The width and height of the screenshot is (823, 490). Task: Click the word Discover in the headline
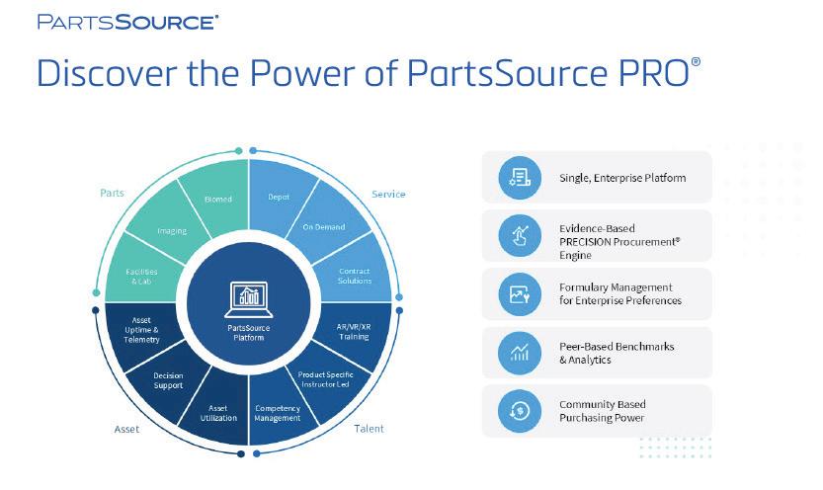[x=100, y=75]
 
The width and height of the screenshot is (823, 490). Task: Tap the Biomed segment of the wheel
[x=218, y=200]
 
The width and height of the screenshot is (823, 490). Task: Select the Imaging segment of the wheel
[x=171, y=231]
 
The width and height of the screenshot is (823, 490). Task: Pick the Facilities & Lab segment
[x=141, y=276]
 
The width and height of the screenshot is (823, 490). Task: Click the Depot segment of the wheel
[x=279, y=198]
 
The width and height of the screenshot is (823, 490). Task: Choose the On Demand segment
[x=324, y=227]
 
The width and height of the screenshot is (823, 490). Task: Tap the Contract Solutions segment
[x=355, y=275]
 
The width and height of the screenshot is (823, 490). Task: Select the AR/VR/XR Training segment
[x=354, y=331]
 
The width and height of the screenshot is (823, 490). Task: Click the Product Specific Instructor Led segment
[x=326, y=378]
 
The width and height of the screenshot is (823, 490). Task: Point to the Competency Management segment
[x=278, y=412]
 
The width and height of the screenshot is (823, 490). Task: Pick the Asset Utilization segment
[x=218, y=412]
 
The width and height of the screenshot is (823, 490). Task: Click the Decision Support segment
[x=169, y=380]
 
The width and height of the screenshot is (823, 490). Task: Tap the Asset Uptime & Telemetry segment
[x=141, y=331]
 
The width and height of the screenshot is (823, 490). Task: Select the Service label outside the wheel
[x=388, y=194]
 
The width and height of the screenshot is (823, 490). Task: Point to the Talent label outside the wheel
[x=370, y=429]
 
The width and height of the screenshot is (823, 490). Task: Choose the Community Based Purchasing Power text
[x=602, y=411]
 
